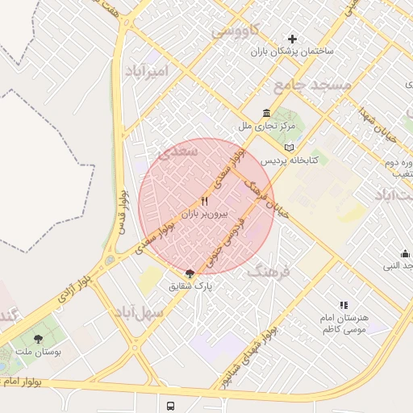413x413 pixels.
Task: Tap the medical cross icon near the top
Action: coord(292,38)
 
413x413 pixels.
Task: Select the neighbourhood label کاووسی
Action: coord(235,31)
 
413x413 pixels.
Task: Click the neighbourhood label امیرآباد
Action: coord(146,71)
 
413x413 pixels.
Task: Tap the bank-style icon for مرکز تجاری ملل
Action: coord(267,113)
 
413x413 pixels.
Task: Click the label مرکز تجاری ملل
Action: coord(267,126)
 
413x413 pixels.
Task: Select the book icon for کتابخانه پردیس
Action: coord(290,148)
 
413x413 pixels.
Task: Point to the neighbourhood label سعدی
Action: coord(179,151)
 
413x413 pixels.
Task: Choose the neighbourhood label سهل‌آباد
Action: coord(139,311)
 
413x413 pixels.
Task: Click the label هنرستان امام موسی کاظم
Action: coord(344,323)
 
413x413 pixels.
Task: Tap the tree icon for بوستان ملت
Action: coord(38,339)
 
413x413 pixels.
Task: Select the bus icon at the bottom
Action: coord(169,406)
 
